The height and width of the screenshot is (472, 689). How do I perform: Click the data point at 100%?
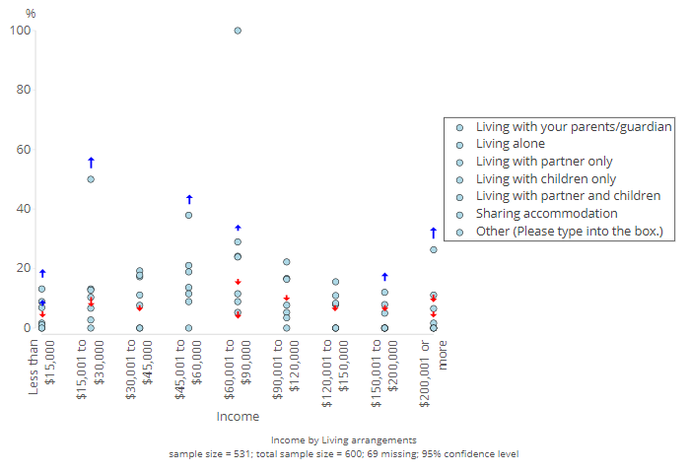point(238,31)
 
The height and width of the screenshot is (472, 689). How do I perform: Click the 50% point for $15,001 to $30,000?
point(91,179)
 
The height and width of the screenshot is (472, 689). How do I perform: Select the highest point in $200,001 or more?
point(433,249)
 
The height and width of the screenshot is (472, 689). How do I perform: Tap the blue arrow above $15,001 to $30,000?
point(91,163)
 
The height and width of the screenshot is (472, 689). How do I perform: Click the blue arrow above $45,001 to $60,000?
point(189,200)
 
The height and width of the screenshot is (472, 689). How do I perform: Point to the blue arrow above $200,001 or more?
point(433,234)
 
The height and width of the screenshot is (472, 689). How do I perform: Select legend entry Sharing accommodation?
point(546,214)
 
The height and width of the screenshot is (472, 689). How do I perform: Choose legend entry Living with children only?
point(545,179)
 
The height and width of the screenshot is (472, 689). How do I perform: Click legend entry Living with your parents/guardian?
point(573,127)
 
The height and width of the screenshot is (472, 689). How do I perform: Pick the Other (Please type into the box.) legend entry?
point(569,232)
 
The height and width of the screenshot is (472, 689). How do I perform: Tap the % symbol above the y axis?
point(31,13)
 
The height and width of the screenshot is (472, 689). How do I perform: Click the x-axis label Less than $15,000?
point(41,367)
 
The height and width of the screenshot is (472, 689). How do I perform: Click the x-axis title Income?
point(238,417)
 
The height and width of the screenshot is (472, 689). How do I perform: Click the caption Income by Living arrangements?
point(343,439)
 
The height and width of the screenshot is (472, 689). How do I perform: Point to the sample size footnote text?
point(343,454)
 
